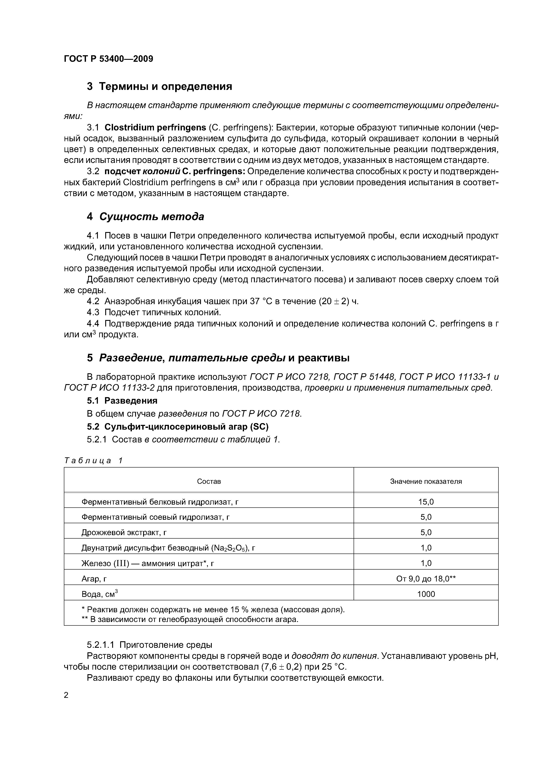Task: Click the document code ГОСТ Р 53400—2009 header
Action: [x=108, y=59]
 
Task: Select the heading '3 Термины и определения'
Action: [x=159, y=86]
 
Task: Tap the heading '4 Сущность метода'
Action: [x=145, y=216]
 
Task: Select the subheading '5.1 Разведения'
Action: [x=122, y=401]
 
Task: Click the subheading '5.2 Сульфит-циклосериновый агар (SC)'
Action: [x=178, y=427]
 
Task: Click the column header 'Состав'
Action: [x=209, y=481]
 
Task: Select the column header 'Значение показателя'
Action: [x=426, y=481]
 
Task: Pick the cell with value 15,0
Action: [x=426, y=502]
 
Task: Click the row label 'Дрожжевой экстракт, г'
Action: [x=124, y=532]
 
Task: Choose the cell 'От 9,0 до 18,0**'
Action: [x=426, y=579]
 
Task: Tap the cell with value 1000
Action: [x=426, y=594]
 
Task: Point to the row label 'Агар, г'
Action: [x=94, y=579]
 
